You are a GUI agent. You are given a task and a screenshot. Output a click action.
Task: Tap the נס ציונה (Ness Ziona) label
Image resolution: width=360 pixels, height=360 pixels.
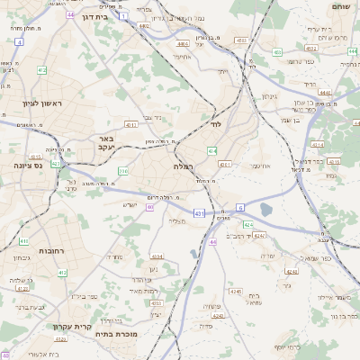[x=31, y=166]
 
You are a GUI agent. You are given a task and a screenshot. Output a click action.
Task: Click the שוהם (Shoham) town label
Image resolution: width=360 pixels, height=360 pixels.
[x=340, y=7]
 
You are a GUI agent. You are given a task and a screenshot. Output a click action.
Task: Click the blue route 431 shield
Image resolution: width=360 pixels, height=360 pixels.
[x=198, y=213]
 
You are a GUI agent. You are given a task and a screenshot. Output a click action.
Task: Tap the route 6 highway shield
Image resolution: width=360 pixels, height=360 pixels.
[x=240, y=207]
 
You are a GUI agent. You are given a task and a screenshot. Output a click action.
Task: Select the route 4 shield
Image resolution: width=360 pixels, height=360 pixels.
[x=19, y=41]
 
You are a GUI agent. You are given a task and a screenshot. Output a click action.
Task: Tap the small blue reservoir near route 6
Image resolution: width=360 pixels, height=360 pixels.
[x=266, y=211]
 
